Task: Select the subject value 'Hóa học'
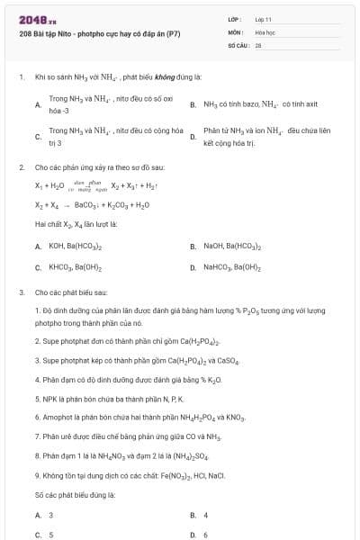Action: coord(265,31)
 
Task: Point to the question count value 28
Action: coord(258,43)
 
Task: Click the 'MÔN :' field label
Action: coord(236,31)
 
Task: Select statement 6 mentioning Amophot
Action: coord(139,418)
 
